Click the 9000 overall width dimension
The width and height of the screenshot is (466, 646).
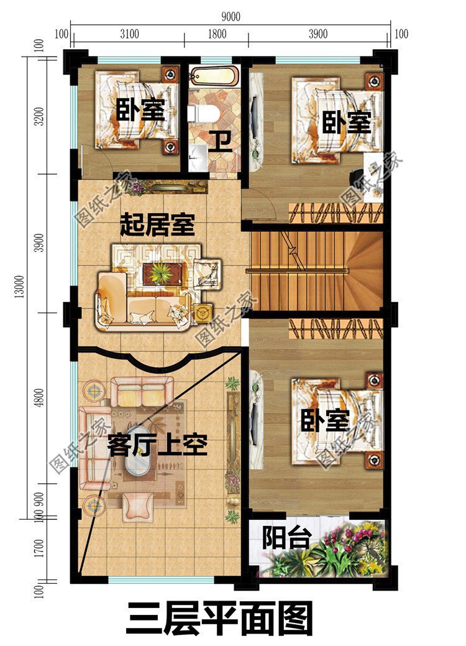(x=230, y=17)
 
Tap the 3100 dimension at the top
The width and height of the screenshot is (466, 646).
(x=129, y=34)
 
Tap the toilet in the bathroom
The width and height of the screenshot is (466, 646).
(x=201, y=113)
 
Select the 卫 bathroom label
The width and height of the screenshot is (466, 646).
(x=220, y=142)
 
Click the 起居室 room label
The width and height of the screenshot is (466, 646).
(x=157, y=224)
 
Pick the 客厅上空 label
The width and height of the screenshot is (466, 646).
(x=157, y=445)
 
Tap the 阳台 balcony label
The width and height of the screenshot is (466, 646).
(x=285, y=538)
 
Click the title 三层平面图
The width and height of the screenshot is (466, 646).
(x=219, y=617)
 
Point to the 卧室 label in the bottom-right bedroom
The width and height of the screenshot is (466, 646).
(x=325, y=421)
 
